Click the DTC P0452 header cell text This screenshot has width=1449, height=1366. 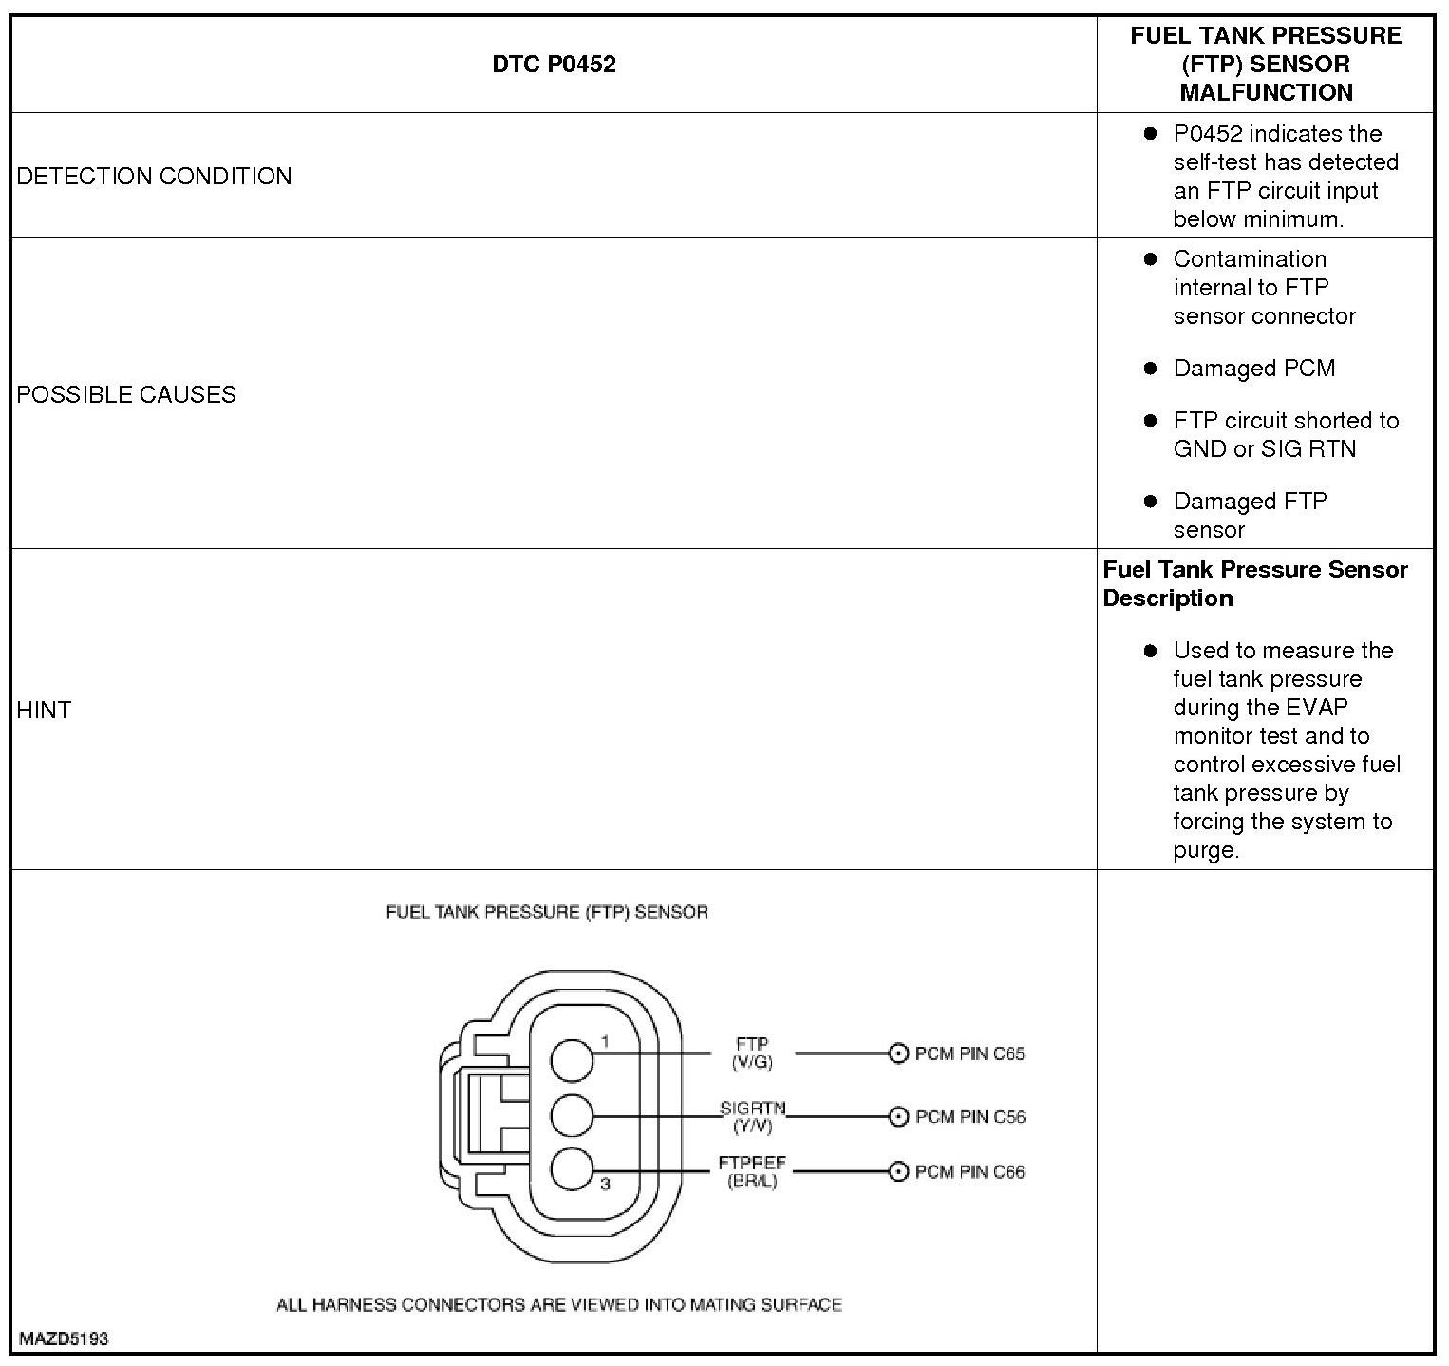[554, 65]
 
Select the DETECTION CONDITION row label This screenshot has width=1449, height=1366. [154, 177]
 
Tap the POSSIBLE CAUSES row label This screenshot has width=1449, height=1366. [126, 395]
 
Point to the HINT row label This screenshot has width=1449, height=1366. [44, 711]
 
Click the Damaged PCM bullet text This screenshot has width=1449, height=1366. [1253, 369]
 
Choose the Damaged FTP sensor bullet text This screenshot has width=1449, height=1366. [1250, 516]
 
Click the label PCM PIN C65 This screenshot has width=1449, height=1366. [969, 1053]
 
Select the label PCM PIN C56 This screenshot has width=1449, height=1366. [969, 1117]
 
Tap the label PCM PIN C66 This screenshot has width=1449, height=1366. [969, 1172]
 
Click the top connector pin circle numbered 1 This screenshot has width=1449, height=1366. [572, 1059]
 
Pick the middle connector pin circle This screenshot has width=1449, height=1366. [572, 1115]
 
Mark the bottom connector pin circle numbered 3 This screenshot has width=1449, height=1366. [572, 1169]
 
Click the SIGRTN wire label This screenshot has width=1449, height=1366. [752, 1109]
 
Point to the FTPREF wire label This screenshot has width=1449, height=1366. [752, 1164]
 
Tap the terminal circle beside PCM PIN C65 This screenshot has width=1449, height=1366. [898, 1053]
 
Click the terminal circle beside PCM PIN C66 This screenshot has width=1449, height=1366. [898, 1172]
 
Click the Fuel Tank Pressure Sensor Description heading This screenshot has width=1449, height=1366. [1255, 584]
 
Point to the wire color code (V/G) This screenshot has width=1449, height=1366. [752, 1063]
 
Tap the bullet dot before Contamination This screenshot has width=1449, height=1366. [1151, 259]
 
